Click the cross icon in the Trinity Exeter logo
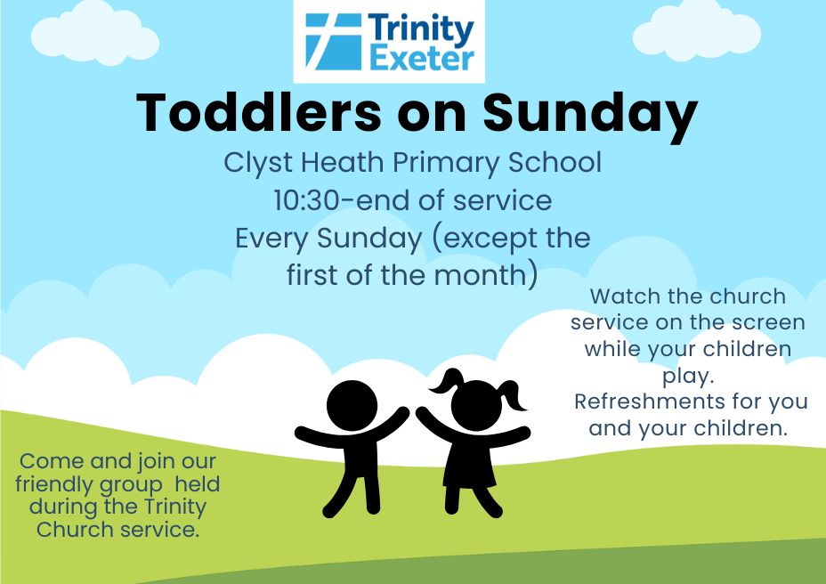click(334, 42)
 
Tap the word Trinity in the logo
click(421, 29)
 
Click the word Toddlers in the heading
click(258, 112)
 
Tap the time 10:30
click(306, 201)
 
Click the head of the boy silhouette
click(352, 406)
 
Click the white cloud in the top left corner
click(95, 33)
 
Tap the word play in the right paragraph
click(686, 377)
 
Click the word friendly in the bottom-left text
click(53, 485)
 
